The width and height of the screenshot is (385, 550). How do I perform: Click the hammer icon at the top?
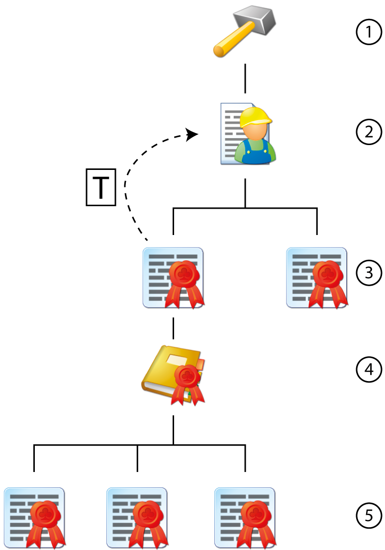[244, 31]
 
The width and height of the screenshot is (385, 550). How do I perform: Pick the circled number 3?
[369, 273]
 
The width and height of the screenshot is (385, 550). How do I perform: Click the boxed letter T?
[101, 187]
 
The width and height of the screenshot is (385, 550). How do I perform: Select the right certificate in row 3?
[317, 277]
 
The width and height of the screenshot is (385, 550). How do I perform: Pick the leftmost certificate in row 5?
[34, 517]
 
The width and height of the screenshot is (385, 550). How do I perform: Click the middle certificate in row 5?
[137, 517]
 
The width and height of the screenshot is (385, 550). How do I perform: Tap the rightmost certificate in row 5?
[245, 517]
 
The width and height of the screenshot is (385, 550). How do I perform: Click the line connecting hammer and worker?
[245, 79]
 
